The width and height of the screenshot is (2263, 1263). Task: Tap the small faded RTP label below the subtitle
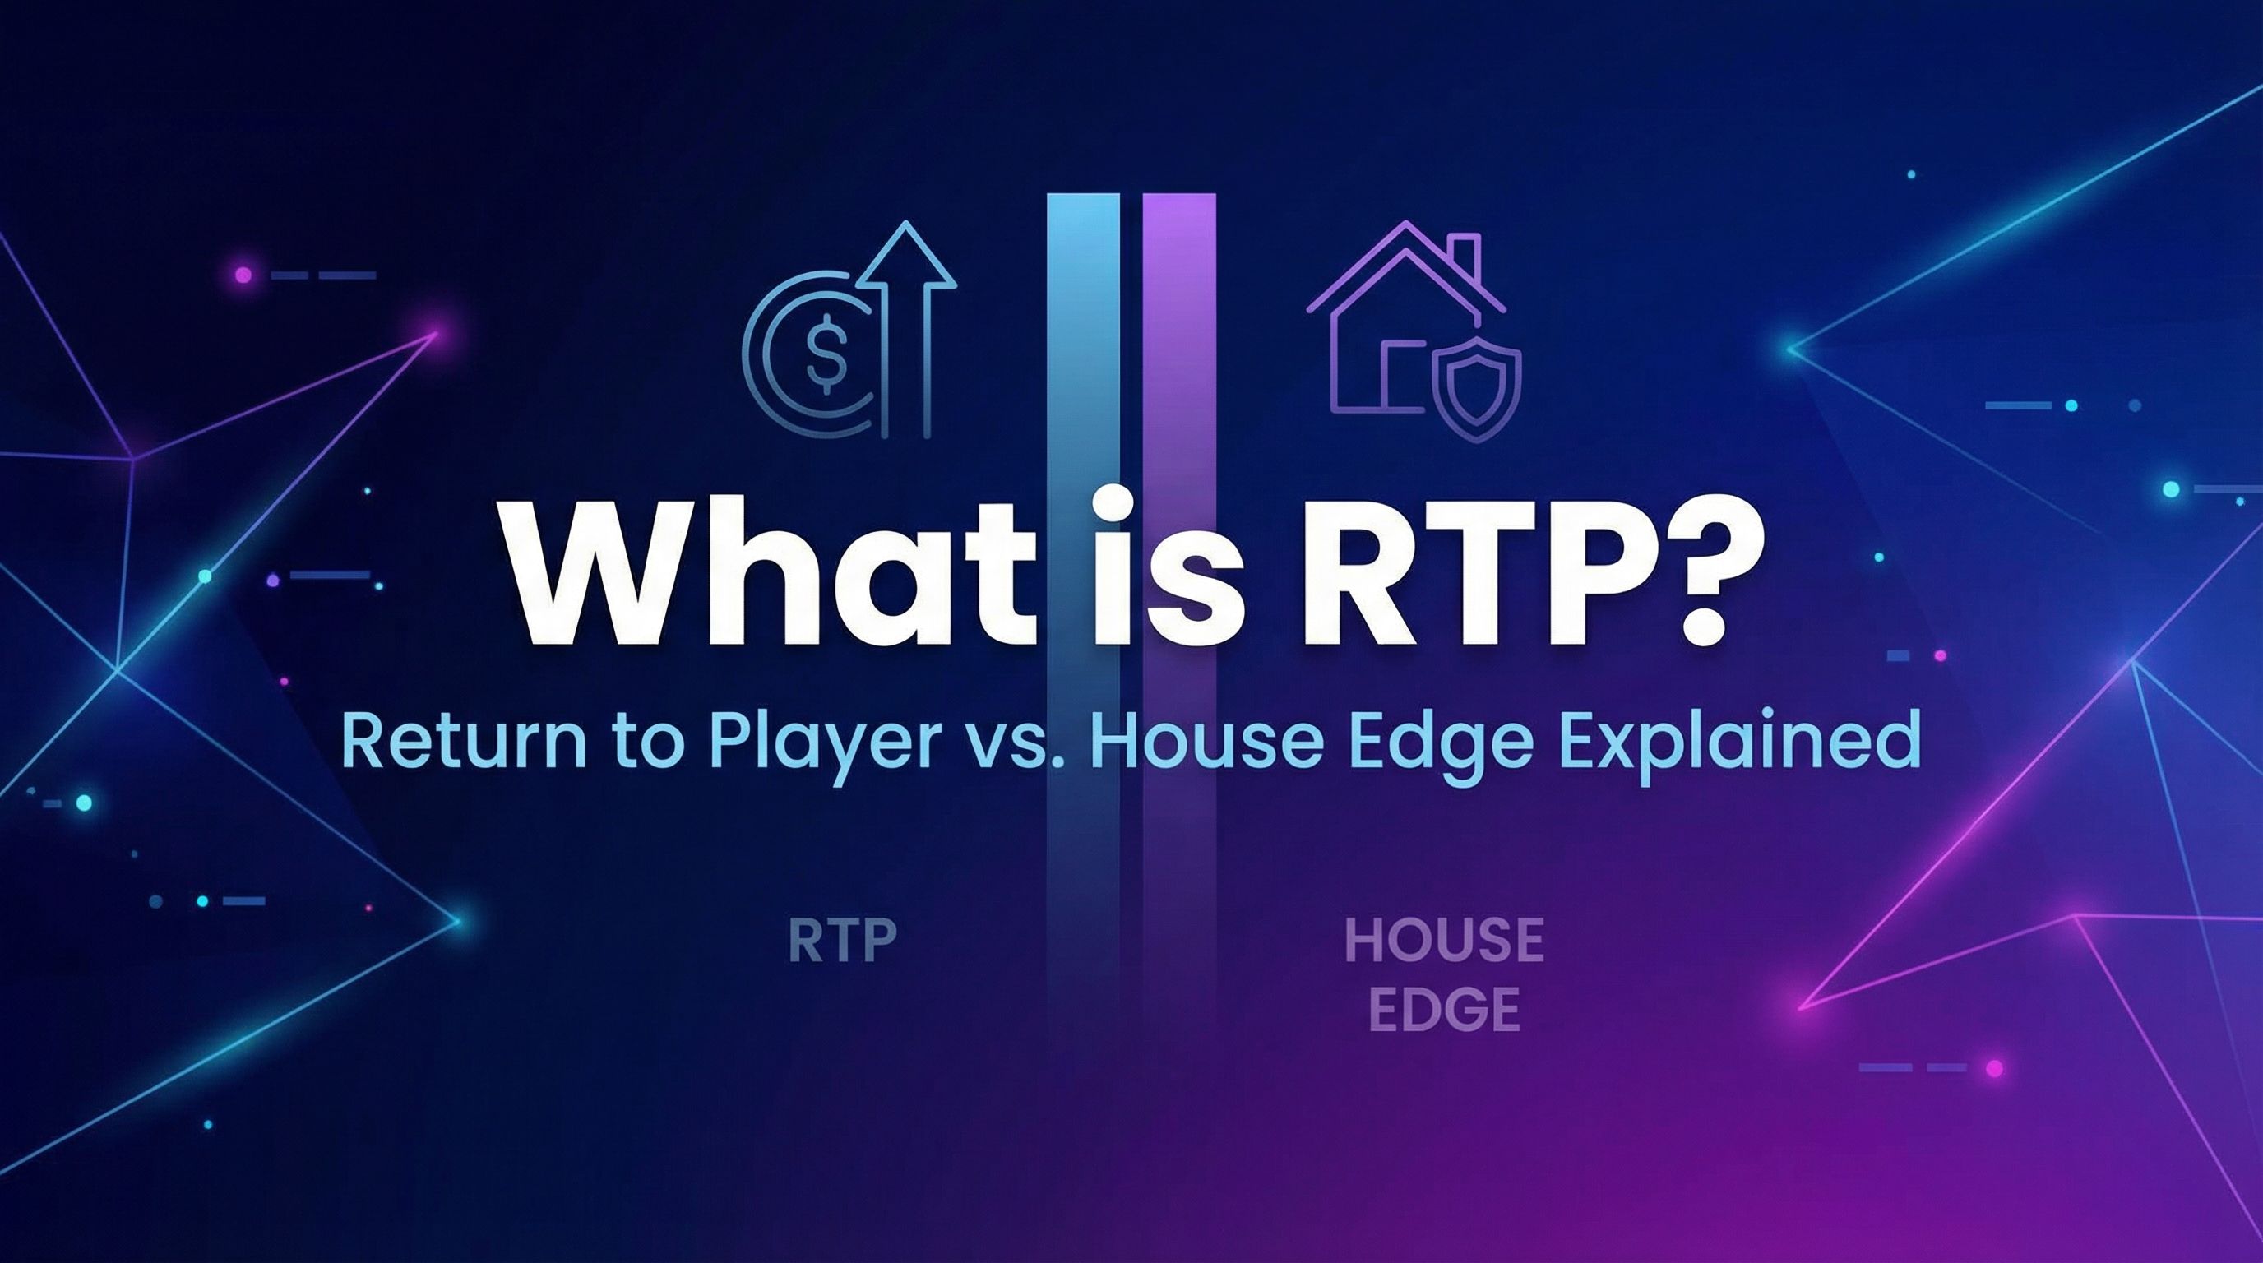(x=840, y=941)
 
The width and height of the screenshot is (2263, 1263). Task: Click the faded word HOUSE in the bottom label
(x=1443, y=941)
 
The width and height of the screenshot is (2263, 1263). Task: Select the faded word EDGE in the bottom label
(x=1443, y=1009)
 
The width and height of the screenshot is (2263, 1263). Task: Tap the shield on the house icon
(x=1478, y=386)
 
